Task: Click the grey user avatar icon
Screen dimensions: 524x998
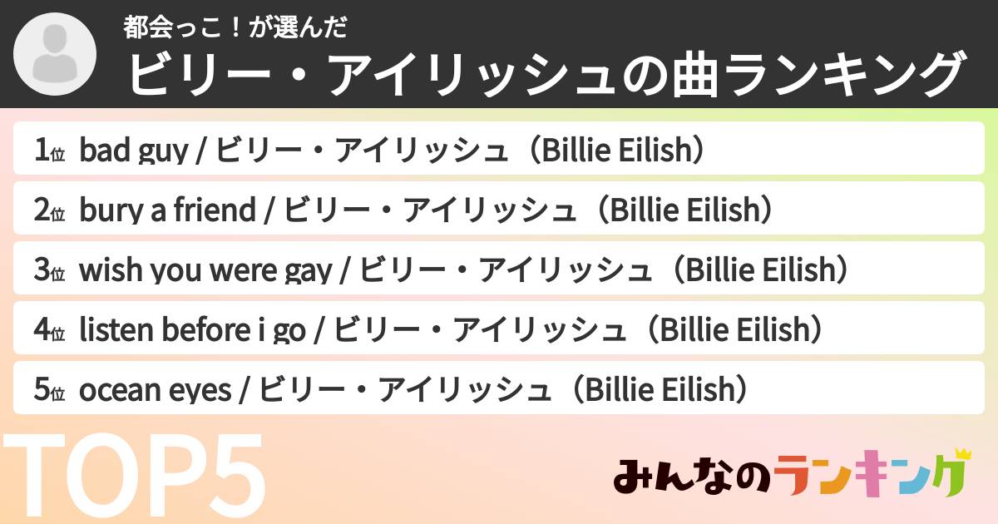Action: [x=56, y=54]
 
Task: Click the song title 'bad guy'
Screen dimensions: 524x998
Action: [x=131, y=151]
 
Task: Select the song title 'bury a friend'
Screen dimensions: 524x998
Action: [x=167, y=210]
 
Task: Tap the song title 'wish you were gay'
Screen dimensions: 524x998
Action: [x=205, y=270]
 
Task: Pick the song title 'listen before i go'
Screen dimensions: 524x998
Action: [x=192, y=330]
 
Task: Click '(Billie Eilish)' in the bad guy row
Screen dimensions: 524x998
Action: [x=616, y=151]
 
